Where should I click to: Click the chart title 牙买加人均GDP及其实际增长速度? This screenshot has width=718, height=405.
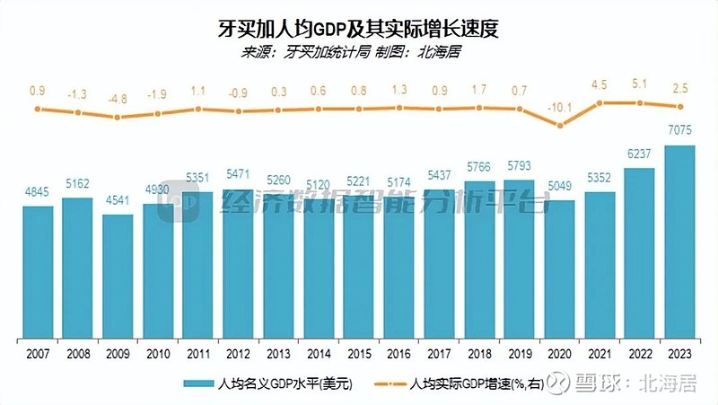pyautogui.click(x=358, y=28)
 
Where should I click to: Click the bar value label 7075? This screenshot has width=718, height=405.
pyautogui.click(x=679, y=132)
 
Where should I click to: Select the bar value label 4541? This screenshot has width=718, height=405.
pyautogui.click(x=117, y=201)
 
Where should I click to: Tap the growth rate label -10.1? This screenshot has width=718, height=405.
pyautogui.click(x=561, y=107)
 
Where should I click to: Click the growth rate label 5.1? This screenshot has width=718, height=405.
pyautogui.click(x=638, y=84)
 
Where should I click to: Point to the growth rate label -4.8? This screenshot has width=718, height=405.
pyautogui.click(x=117, y=100)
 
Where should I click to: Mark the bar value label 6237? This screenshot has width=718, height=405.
pyautogui.click(x=638, y=154)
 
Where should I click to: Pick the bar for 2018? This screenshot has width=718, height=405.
pyautogui.click(x=479, y=260)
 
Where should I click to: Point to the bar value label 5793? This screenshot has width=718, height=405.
pyautogui.click(x=520, y=167)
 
